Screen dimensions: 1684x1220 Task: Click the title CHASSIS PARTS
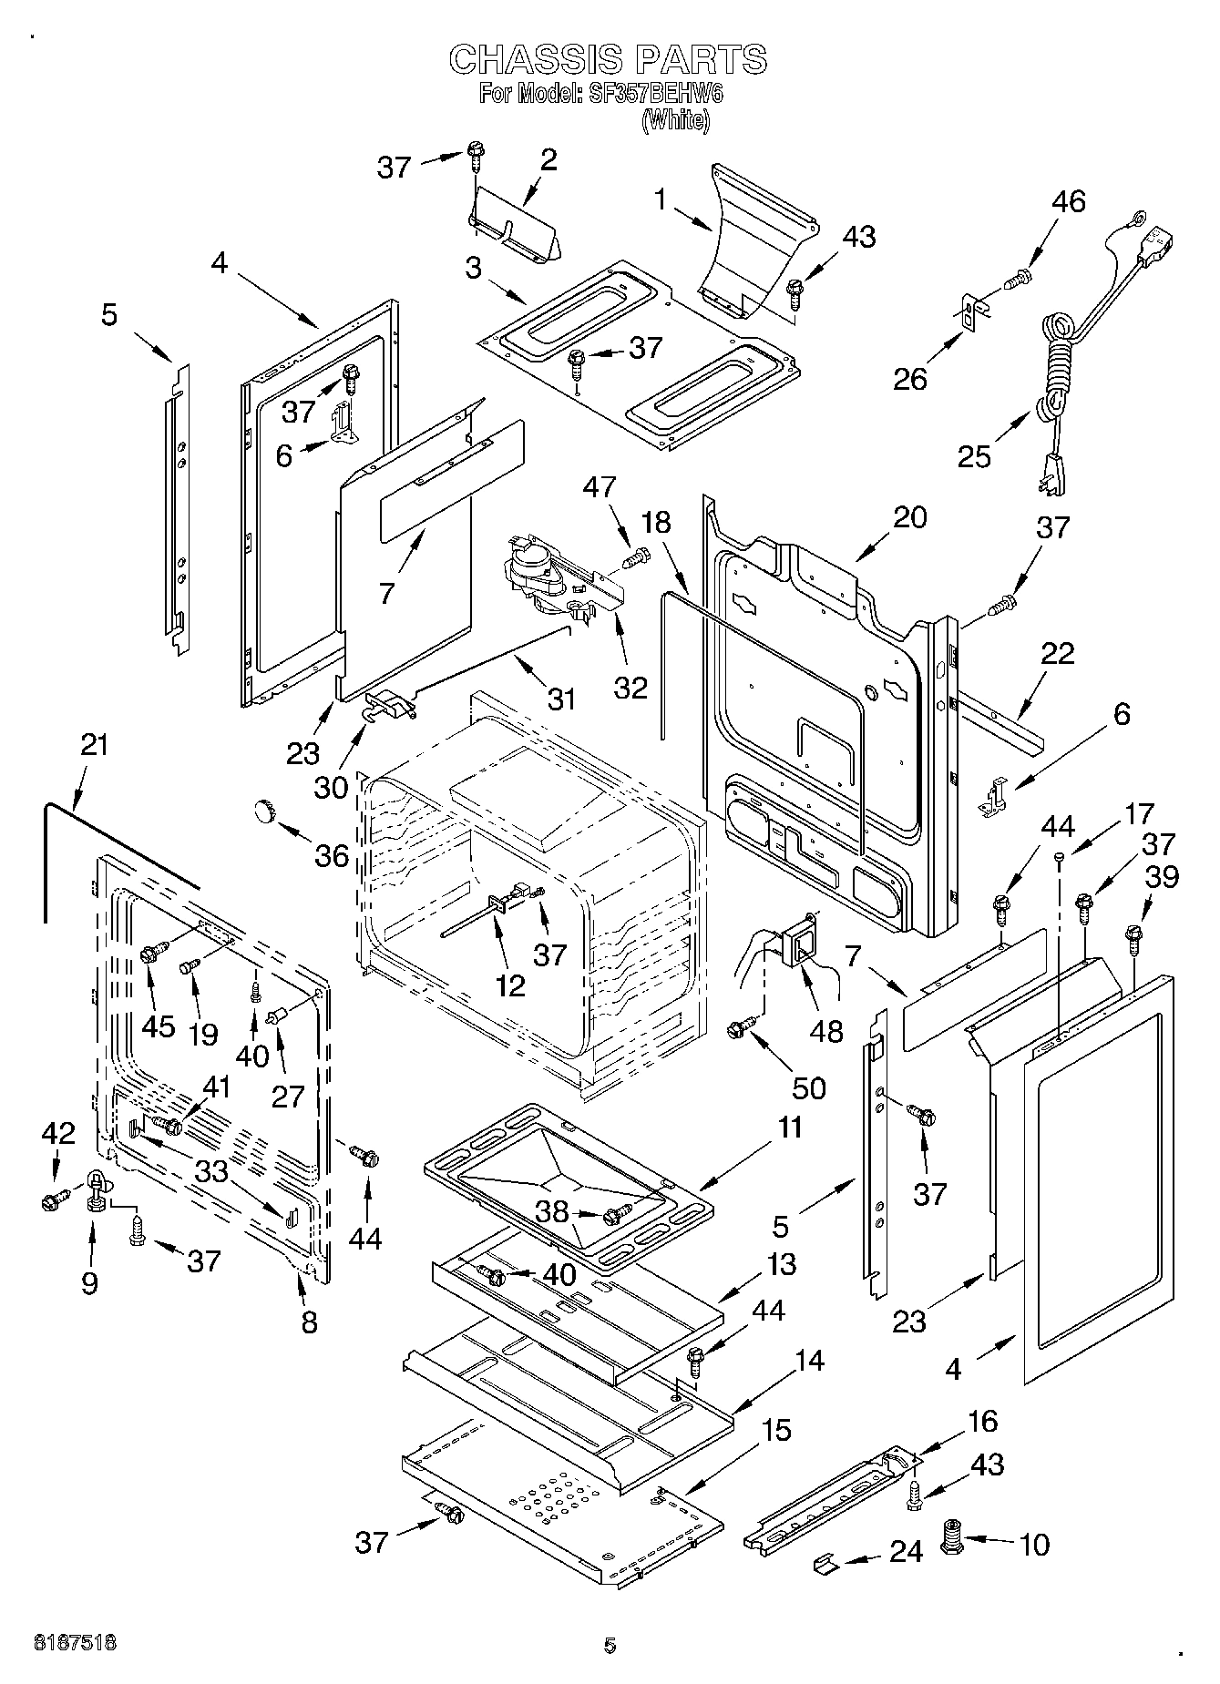point(608,60)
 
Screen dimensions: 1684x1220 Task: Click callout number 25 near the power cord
point(974,456)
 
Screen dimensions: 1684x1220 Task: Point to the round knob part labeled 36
point(266,810)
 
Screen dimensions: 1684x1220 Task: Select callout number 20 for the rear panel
point(909,517)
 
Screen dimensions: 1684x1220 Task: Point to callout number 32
point(631,687)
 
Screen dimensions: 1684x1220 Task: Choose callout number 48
point(825,1030)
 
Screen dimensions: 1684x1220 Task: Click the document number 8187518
point(75,1643)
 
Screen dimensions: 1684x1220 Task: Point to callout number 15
point(775,1430)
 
